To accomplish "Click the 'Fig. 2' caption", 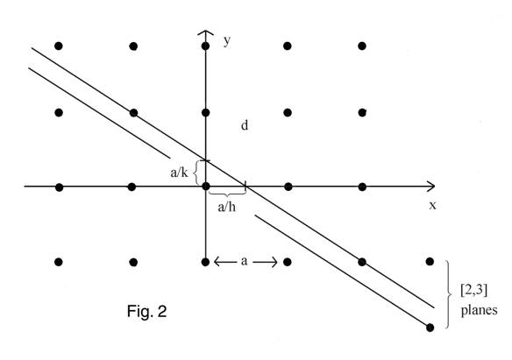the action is pyautogui.click(x=146, y=311).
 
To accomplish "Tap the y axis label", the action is pyautogui.click(x=227, y=40).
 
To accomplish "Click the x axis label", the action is pyautogui.click(x=432, y=206).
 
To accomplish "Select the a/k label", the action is pyautogui.click(x=179, y=173).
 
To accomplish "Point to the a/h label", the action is pyautogui.click(x=226, y=207).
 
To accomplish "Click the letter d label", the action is pyautogui.click(x=245, y=125).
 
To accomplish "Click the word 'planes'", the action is pyautogui.click(x=479, y=310).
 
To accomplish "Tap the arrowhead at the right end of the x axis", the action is pyautogui.click(x=431, y=187).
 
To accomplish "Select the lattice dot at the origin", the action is pyautogui.click(x=206, y=187).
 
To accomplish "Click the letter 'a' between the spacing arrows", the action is pyautogui.click(x=244, y=261).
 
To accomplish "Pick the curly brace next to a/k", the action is pyautogui.click(x=196, y=173).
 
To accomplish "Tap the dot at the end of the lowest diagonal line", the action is pyautogui.click(x=430, y=328).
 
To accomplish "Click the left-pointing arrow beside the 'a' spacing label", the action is pyautogui.click(x=225, y=262).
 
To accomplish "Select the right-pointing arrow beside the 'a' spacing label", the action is pyautogui.click(x=265, y=262).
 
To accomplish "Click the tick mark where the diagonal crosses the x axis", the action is pyautogui.click(x=245, y=187).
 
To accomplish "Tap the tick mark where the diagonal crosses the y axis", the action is pyautogui.click(x=205, y=160).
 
